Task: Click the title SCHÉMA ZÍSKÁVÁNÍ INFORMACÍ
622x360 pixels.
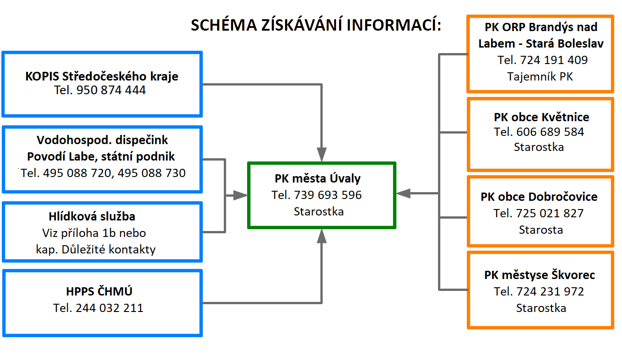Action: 316,25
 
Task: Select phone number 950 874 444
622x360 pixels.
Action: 111,90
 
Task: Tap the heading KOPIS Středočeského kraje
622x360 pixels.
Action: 102,76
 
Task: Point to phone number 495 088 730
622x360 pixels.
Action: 151,173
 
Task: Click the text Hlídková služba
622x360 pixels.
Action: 92,216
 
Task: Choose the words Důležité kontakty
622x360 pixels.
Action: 108,249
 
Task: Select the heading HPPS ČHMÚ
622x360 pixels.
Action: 99,291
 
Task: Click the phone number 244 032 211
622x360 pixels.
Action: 109,308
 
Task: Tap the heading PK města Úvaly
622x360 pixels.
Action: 318,178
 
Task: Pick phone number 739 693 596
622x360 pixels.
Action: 328,195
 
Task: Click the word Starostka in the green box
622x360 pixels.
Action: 319,211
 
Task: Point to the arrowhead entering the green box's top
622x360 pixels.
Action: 322,155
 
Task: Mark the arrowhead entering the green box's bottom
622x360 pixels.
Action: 322,236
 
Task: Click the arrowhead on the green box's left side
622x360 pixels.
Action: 240,195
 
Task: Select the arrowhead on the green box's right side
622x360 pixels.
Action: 403,193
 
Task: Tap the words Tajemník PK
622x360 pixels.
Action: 540,76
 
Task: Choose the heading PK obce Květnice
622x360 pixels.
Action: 541,117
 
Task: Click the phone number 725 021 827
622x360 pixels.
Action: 550,214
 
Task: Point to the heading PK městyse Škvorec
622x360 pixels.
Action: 540,275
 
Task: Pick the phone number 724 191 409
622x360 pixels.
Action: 554,60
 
